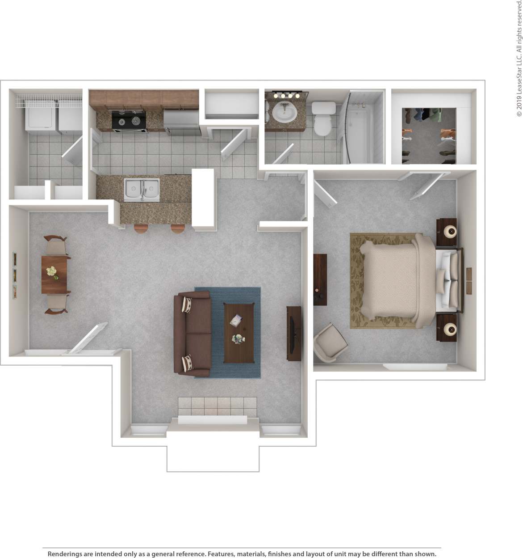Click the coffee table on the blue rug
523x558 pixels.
point(238,333)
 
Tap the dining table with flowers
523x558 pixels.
point(54,274)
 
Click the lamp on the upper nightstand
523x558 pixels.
point(450,231)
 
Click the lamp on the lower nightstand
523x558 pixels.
point(450,330)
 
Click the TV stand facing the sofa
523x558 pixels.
point(293,333)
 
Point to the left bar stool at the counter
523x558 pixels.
point(141,228)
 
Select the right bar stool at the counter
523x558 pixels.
point(177,228)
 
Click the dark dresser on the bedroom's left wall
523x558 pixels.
point(320,279)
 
